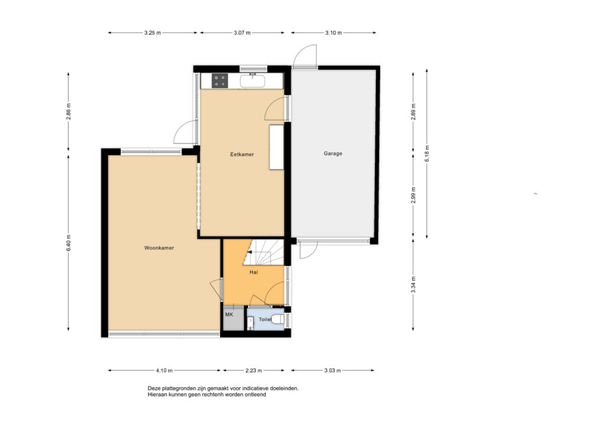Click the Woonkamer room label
(159, 248)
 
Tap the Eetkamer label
(242, 154)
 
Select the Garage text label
(333, 153)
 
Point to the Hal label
(253, 272)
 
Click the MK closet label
(229, 314)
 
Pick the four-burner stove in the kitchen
(220, 80)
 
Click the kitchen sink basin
(252, 81)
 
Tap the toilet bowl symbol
(278, 320)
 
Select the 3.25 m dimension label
(152, 33)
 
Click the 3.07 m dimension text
(242, 33)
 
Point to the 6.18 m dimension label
(427, 153)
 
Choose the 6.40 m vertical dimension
(69, 243)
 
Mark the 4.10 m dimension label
(164, 371)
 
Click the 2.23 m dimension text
(253, 371)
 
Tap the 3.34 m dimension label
(413, 285)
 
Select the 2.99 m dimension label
(413, 195)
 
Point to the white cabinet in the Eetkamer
(277, 147)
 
